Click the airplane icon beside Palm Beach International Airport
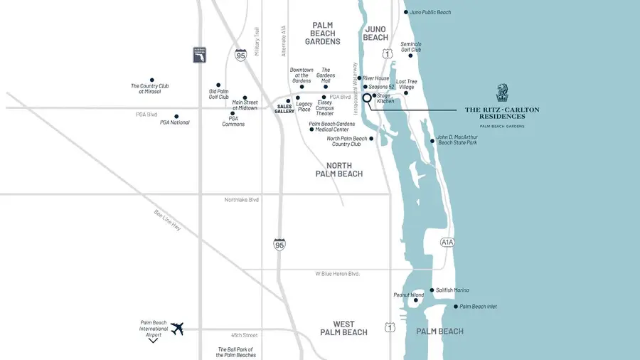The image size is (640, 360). (x=177, y=329)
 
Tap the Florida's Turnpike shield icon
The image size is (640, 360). (x=199, y=55)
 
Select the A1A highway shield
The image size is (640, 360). (x=447, y=243)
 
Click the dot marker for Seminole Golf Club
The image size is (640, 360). (x=410, y=55)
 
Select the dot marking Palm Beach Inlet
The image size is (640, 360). (x=456, y=307)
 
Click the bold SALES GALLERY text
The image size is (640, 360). (x=284, y=108)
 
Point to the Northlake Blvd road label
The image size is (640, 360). (x=240, y=200)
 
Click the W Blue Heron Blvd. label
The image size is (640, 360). (x=338, y=274)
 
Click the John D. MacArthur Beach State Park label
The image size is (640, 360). (x=457, y=139)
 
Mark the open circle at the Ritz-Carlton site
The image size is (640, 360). (x=368, y=98)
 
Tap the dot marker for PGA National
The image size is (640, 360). (x=176, y=116)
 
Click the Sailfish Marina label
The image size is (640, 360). (x=453, y=290)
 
